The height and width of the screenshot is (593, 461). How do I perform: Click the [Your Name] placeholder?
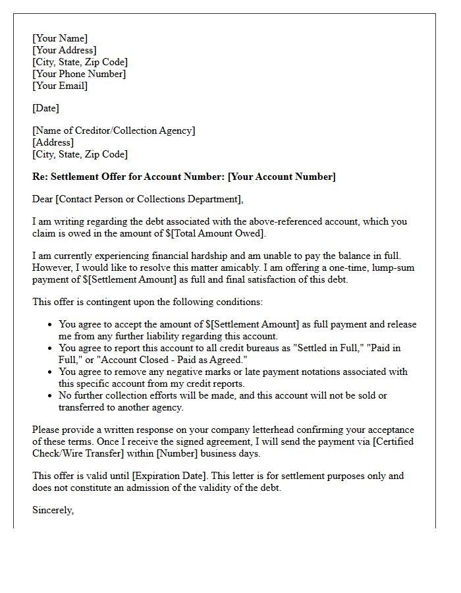point(60,38)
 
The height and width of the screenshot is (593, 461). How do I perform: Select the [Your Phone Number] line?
point(79,74)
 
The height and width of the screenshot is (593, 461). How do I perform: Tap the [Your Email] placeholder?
point(60,86)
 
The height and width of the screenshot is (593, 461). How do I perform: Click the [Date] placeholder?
point(45,108)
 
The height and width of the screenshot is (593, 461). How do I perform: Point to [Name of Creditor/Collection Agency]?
point(114,130)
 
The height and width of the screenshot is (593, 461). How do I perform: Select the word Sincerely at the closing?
point(53,510)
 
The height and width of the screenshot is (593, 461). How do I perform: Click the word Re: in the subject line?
point(40,177)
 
